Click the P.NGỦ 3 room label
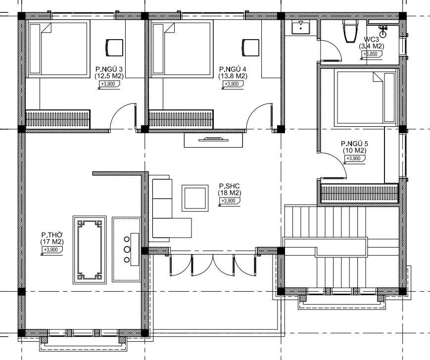(109, 69)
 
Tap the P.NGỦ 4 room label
(233, 69)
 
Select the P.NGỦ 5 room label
(355, 144)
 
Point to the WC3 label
(371, 40)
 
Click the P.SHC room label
(229, 186)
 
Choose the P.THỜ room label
(52, 235)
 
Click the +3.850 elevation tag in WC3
(371, 54)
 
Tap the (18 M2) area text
(230, 193)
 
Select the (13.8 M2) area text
(233, 76)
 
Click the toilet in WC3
(351, 31)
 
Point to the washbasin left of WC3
(301, 27)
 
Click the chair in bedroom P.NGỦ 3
(114, 48)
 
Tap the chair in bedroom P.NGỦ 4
(250, 48)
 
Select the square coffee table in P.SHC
(195, 198)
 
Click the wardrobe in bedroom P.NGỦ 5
(359, 194)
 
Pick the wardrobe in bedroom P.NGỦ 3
(58, 119)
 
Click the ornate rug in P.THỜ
(90, 250)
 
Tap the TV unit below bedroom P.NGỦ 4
(213, 140)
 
